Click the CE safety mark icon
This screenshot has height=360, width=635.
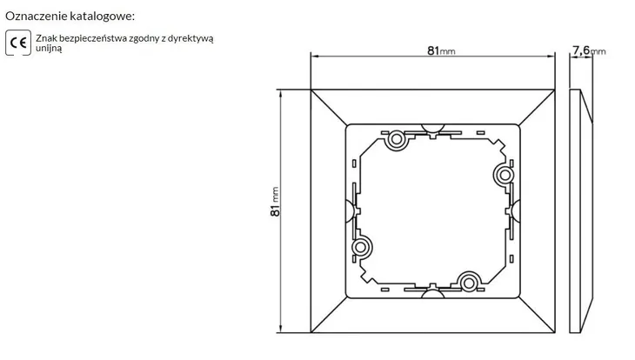pos(18,43)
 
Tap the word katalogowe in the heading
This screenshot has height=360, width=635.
pos(102,17)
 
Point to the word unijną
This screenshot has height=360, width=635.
pos(49,48)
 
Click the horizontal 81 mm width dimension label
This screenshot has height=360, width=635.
pos(441,50)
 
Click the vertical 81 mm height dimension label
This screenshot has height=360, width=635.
pos(275,201)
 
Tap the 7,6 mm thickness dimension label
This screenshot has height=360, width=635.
pos(589,50)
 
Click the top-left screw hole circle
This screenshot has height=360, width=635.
pos(396,140)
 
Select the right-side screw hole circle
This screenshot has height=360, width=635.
pos(505,176)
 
